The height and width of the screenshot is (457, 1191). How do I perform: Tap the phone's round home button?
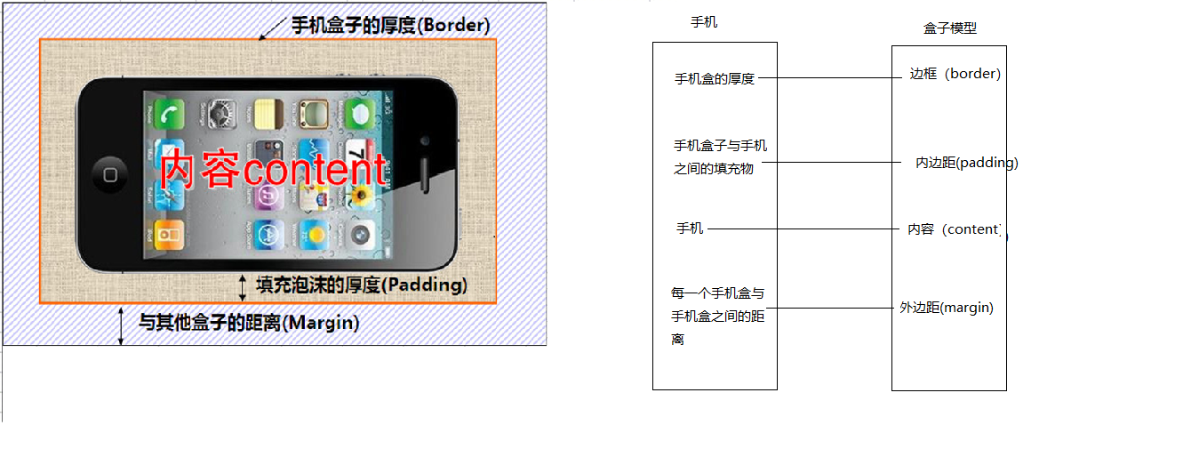110,174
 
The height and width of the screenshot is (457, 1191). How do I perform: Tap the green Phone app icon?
169,114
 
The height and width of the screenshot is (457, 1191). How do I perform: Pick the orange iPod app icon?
169,234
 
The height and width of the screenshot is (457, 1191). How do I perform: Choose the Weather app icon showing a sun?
313,234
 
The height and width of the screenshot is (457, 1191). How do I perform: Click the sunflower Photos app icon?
360,195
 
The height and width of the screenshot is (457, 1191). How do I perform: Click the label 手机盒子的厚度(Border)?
390,25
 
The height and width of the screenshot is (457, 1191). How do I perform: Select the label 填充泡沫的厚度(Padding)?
361,285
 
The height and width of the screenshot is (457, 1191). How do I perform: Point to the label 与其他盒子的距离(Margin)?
249,323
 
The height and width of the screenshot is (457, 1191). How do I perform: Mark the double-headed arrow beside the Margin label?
121,325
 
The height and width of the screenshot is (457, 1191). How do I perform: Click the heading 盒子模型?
949,28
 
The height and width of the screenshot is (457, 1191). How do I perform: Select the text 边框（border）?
955,75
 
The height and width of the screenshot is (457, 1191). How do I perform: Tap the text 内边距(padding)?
966,164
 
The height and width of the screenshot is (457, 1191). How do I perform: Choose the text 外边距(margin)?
946,308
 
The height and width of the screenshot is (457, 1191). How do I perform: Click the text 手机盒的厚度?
715,79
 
